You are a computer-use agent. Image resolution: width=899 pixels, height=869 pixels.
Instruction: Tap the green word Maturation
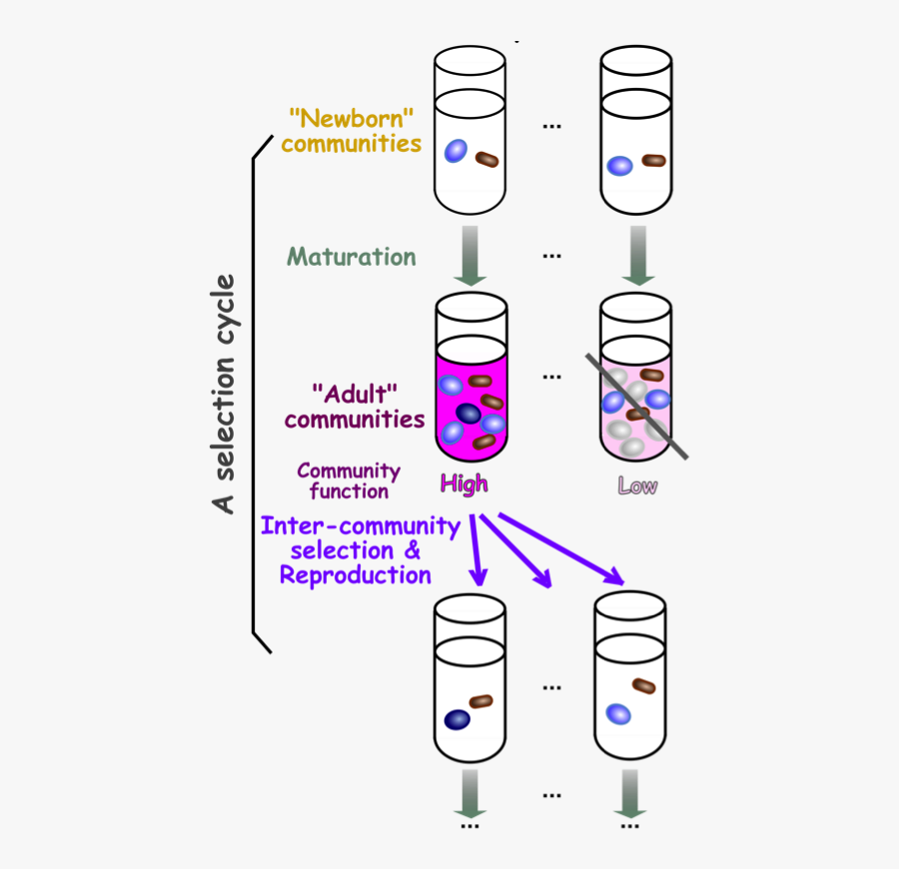(352, 257)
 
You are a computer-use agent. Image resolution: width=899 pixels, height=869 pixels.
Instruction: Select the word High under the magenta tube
(464, 484)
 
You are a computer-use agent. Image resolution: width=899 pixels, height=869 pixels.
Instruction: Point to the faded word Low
(637, 486)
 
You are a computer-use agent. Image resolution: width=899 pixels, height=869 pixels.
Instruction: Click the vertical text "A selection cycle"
(225, 394)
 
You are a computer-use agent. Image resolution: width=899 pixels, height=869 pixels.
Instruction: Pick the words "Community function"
(349, 480)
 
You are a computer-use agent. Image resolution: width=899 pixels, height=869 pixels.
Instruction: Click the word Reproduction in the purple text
(356, 575)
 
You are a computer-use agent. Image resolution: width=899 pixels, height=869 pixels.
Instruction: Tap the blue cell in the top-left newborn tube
(455, 150)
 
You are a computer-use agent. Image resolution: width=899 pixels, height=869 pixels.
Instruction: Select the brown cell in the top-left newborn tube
(487, 159)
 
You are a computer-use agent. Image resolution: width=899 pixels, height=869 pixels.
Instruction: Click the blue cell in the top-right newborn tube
(620, 166)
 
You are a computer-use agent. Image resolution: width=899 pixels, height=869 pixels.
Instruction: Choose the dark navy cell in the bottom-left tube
(457, 719)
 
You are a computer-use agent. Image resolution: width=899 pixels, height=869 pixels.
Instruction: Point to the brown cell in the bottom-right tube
(644, 686)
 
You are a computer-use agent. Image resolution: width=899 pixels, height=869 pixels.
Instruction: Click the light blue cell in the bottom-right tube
(618, 714)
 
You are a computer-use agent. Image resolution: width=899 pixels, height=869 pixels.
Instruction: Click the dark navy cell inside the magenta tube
(467, 413)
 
